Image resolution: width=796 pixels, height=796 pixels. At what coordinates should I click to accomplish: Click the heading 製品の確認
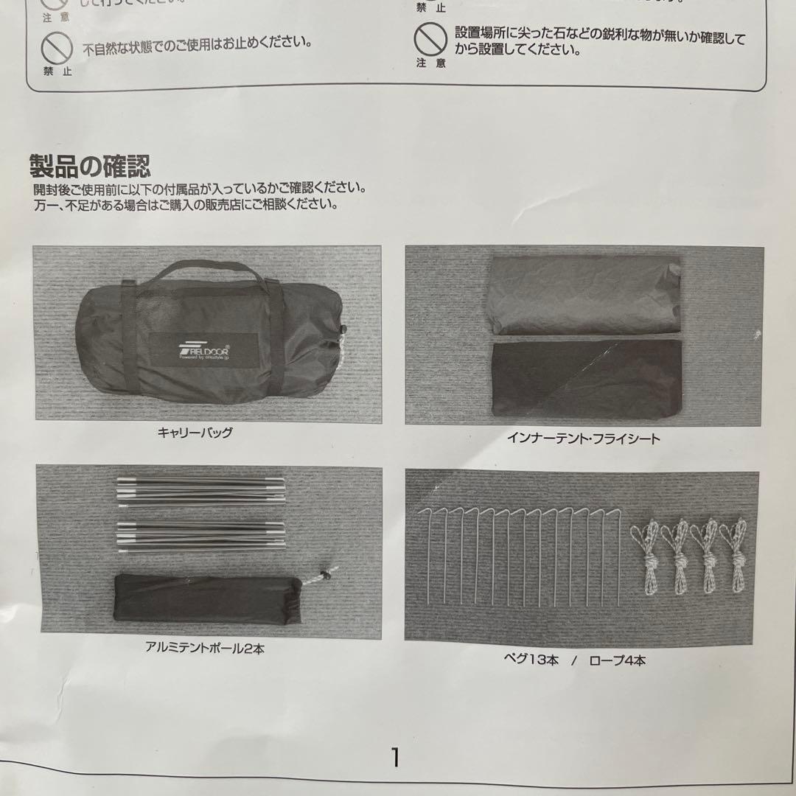point(90,167)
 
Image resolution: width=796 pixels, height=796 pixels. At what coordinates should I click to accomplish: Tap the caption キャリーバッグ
point(195,433)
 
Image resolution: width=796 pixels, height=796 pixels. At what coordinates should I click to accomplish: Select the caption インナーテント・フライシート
point(583,439)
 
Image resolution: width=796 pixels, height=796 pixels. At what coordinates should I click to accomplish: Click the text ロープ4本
point(617,660)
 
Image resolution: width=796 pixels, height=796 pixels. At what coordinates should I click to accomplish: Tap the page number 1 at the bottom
point(396,757)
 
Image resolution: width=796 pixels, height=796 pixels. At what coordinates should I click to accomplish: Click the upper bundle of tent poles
point(200,492)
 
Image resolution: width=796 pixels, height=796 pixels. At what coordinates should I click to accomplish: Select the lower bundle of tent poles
point(200,536)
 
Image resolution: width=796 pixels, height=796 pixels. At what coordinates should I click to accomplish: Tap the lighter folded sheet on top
point(584,295)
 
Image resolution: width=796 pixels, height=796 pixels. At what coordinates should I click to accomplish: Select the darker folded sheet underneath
point(585,379)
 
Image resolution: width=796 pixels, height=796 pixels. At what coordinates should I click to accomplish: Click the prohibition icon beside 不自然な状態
point(56,48)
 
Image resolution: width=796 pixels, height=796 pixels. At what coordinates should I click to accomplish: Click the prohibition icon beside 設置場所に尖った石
point(430,39)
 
